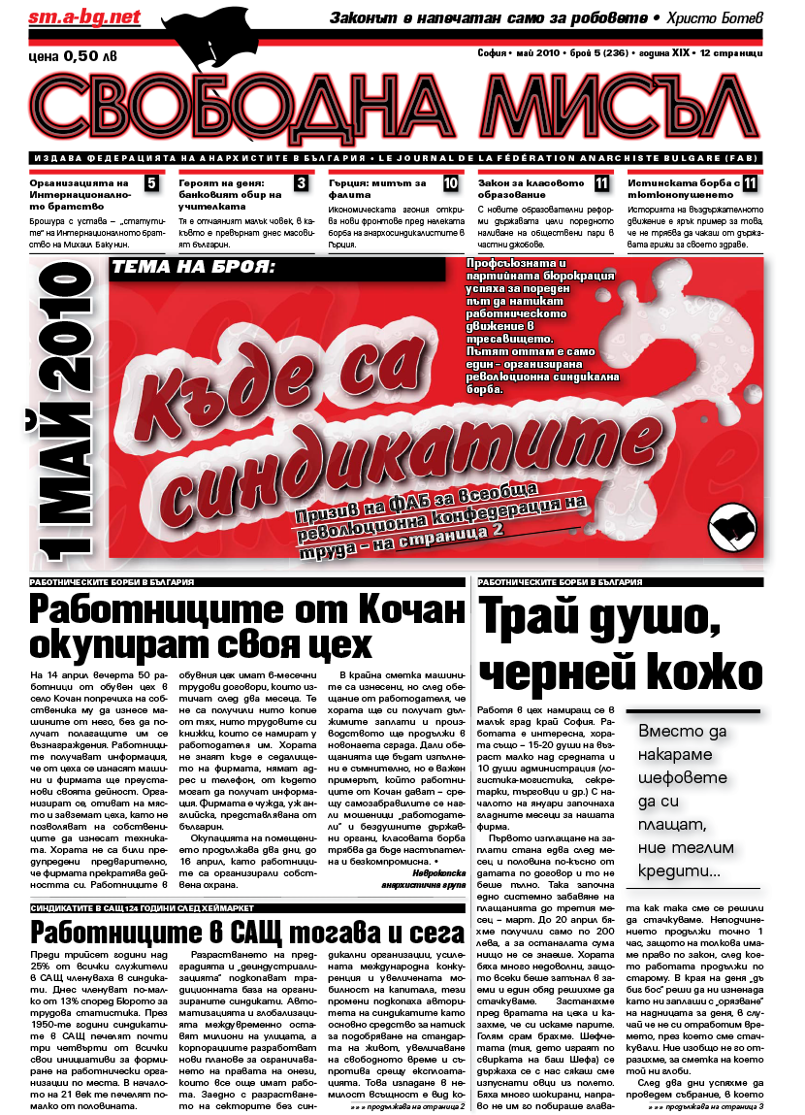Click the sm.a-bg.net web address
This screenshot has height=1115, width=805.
click(72, 17)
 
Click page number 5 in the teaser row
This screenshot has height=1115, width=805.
click(152, 183)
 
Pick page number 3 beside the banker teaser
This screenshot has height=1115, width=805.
click(302, 183)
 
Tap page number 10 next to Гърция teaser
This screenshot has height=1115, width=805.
click(451, 183)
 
